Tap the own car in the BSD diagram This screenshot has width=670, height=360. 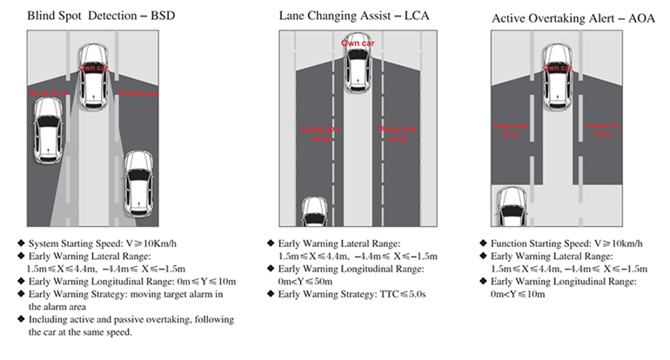tap(92, 79)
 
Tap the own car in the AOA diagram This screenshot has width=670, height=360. tap(556, 77)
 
